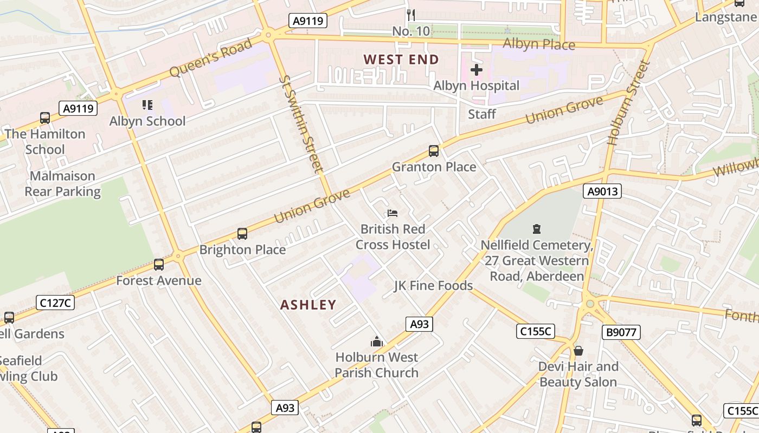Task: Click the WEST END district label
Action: click(x=401, y=60)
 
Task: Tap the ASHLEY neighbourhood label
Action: click(x=308, y=305)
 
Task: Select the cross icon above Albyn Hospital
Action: click(x=476, y=70)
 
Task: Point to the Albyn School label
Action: click(x=147, y=121)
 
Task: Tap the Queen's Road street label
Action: click(x=211, y=58)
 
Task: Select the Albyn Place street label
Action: click(x=538, y=44)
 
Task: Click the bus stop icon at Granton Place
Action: click(x=433, y=151)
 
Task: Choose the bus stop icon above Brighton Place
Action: click(x=242, y=234)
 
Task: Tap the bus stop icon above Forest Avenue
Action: click(x=159, y=265)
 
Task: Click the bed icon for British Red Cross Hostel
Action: click(x=393, y=213)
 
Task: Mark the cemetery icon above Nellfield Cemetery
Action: click(x=537, y=229)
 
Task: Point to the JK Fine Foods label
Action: click(x=433, y=285)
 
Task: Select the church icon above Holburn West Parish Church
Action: click(x=376, y=342)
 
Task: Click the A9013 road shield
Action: click(x=602, y=191)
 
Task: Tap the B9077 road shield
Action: click(x=621, y=332)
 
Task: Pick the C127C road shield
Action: click(x=55, y=303)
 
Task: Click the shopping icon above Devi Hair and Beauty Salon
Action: click(x=578, y=351)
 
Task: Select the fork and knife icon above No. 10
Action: click(x=411, y=15)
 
